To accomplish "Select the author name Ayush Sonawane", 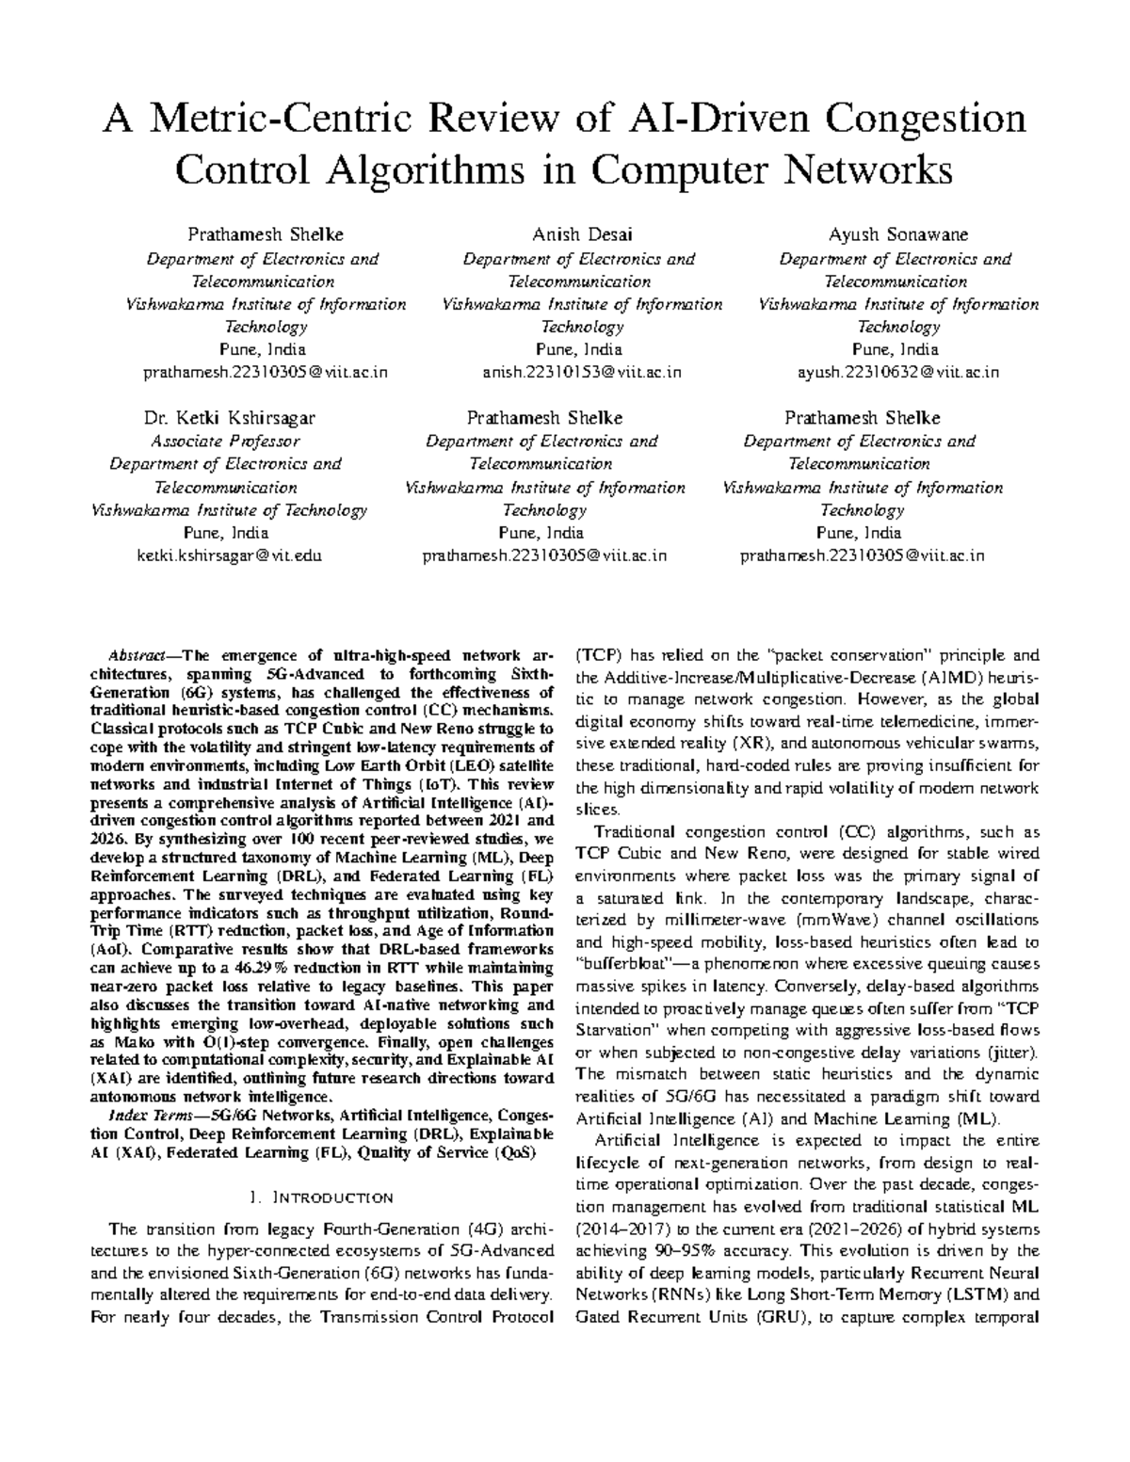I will pyautogui.click(x=898, y=234).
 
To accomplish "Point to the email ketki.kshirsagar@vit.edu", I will pyautogui.click(x=230, y=555).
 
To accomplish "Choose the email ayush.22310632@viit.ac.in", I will pyautogui.click(x=898, y=372).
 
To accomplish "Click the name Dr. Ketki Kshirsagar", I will pyautogui.click(x=229, y=418).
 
